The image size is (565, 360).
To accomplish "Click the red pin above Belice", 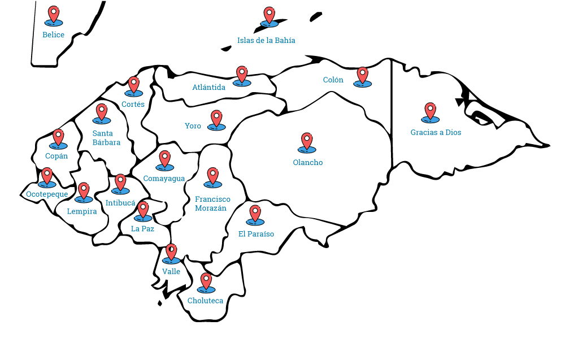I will (x=54, y=14).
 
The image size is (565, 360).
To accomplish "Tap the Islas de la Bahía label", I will (x=266, y=40).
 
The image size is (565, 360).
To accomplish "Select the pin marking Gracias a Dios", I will (x=431, y=111).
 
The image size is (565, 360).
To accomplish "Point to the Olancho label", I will (x=308, y=162).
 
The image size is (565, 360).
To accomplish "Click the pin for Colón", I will (x=363, y=75).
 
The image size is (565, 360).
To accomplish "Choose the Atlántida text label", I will (x=209, y=87).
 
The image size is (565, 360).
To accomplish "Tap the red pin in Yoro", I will (x=216, y=118).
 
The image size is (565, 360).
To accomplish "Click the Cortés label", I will (x=133, y=104).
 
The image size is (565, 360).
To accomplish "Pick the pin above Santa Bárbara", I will (x=102, y=112).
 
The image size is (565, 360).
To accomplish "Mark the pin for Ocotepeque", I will (x=47, y=176).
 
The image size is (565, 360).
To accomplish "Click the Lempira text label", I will (x=82, y=211).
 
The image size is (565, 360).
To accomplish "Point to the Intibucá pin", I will (x=120, y=182).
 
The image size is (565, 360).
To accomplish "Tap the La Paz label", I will (x=142, y=228).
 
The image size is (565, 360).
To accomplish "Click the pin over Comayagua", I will (x=165, y=159).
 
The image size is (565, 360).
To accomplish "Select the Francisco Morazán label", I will (x=212, y=203).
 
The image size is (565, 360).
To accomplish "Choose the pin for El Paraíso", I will (x=255, y=213).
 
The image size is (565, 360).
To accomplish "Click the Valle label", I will (x=171, y=271).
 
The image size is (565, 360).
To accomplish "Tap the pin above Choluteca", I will (x=206, y=281).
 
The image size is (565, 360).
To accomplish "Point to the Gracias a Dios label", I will (x=436, y=132).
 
